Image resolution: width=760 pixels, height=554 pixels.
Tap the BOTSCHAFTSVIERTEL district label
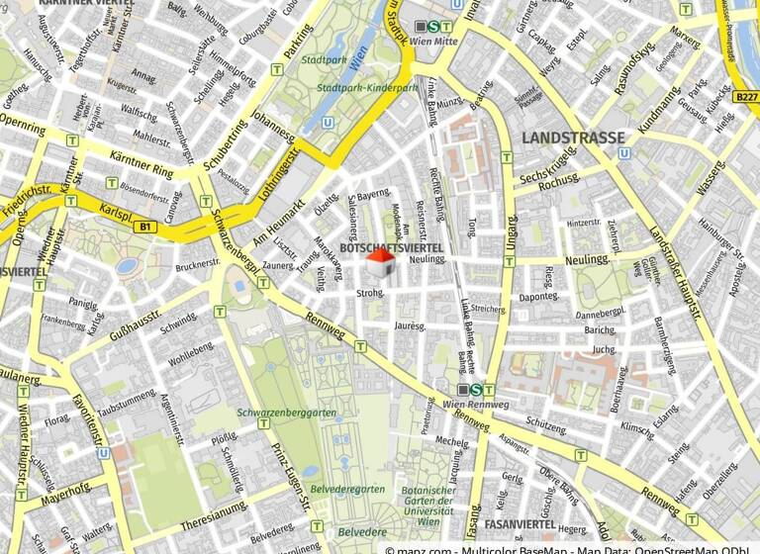[390, 246]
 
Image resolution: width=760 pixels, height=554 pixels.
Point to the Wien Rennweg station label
[467, 406]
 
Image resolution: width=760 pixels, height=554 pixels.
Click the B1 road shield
[146, 228]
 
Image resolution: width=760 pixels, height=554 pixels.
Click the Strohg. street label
[369, 292]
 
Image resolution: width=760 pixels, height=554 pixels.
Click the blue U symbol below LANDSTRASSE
[622, 153]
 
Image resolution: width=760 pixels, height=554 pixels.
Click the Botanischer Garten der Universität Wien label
[428, 506]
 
